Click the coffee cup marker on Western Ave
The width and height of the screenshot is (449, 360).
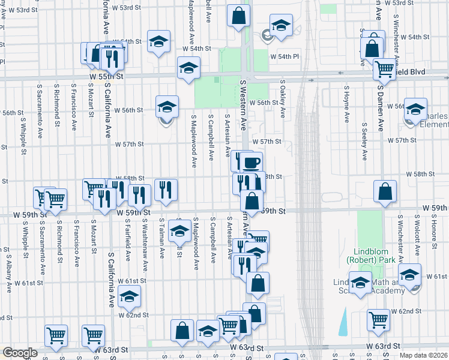(252, 163)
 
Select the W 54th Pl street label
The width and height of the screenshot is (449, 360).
(285, 56)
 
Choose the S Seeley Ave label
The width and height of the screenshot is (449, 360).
(364, 142)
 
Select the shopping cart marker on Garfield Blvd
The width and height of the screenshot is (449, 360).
(384, 69)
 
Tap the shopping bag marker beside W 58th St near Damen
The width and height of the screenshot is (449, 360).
(385, 191)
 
